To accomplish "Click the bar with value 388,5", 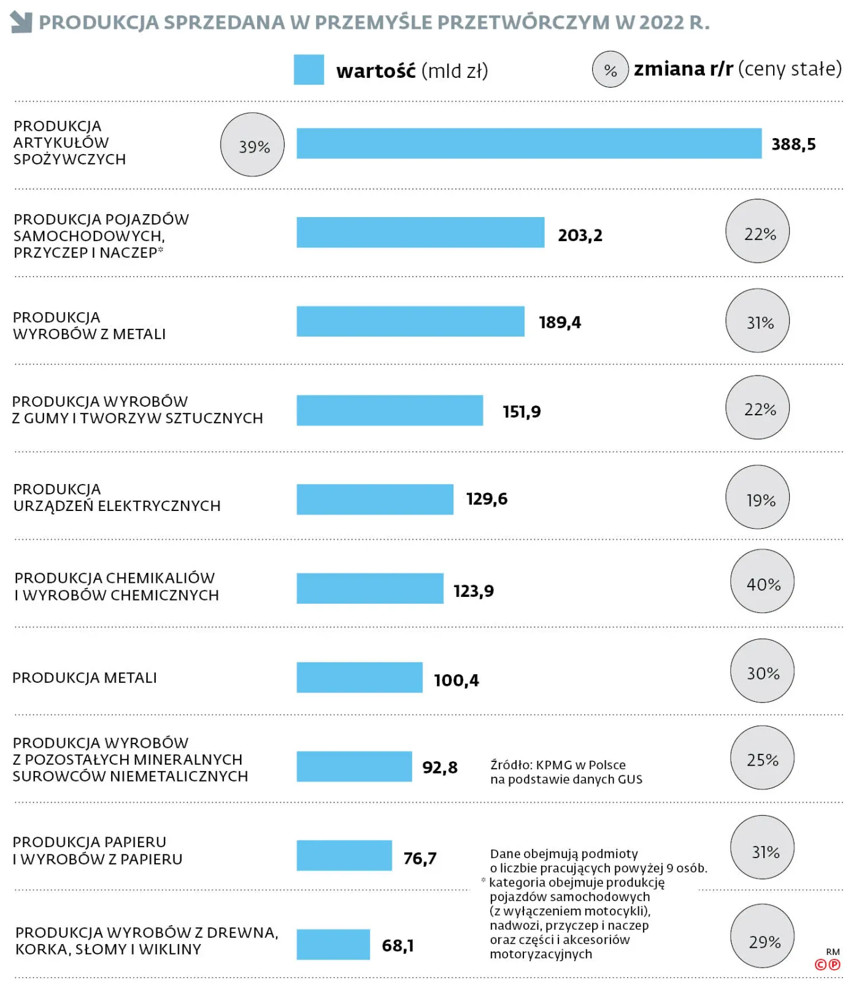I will pyautogui.click(x=529, y=144).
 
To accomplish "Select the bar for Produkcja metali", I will pyautogui.click(x=360, y=677).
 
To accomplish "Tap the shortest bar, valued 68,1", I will pyautogui.click(x=333, y=944).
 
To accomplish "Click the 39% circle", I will pyautogui.click(x=252, y=145).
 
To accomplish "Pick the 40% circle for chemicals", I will pyautogui.click(x=762, y=581).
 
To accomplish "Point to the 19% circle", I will pyautogui.click(x=758, y=497).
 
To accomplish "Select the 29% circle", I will pyautogui.click(x=763, y=936).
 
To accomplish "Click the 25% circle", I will pyautogui.click(x=762, y=758).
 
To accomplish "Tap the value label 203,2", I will pyautogui.click(x=580, y=236).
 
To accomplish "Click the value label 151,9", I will pyautogui.click(x=522, y=412).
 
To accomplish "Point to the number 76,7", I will pyautogui.click(x=420, y=858).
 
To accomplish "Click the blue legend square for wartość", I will pyautogui.click(x=309, y=70).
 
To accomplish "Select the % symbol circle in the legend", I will pyautogui.click(x=610, y=70).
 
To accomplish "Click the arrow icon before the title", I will pyautogui.click(x=21, y=22).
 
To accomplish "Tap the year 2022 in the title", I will pyautogui.click(x=661, y=23).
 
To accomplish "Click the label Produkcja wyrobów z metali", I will pyautogui.click(x=90, y=326).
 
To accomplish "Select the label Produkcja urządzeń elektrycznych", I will pyautogui.click(x=117, y=497).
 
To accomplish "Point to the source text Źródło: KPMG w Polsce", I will pyautogui.click(x=558, y=765).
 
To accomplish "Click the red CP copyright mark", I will pyautogui.click(x=827, y=964).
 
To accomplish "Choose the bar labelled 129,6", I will pyautogui.click(x=375, y=499).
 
